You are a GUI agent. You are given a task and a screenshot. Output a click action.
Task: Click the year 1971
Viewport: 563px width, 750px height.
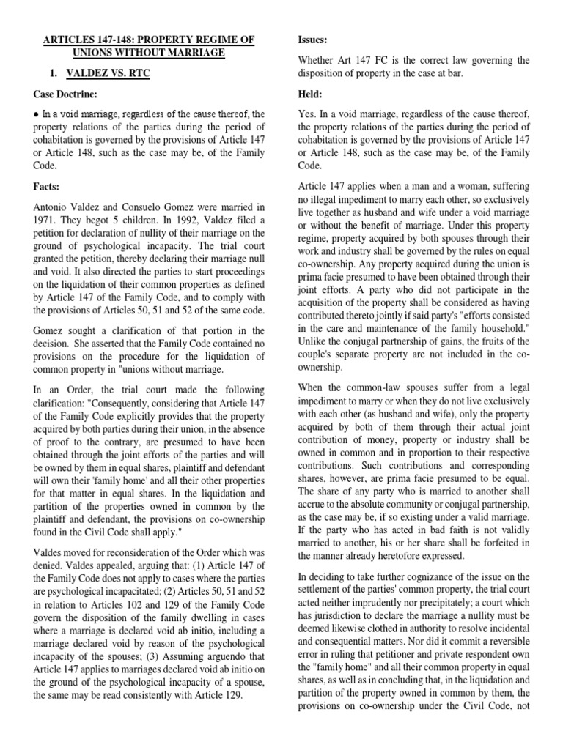point(45,220)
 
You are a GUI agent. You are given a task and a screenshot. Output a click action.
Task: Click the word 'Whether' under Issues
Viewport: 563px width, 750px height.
point(318,60)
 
